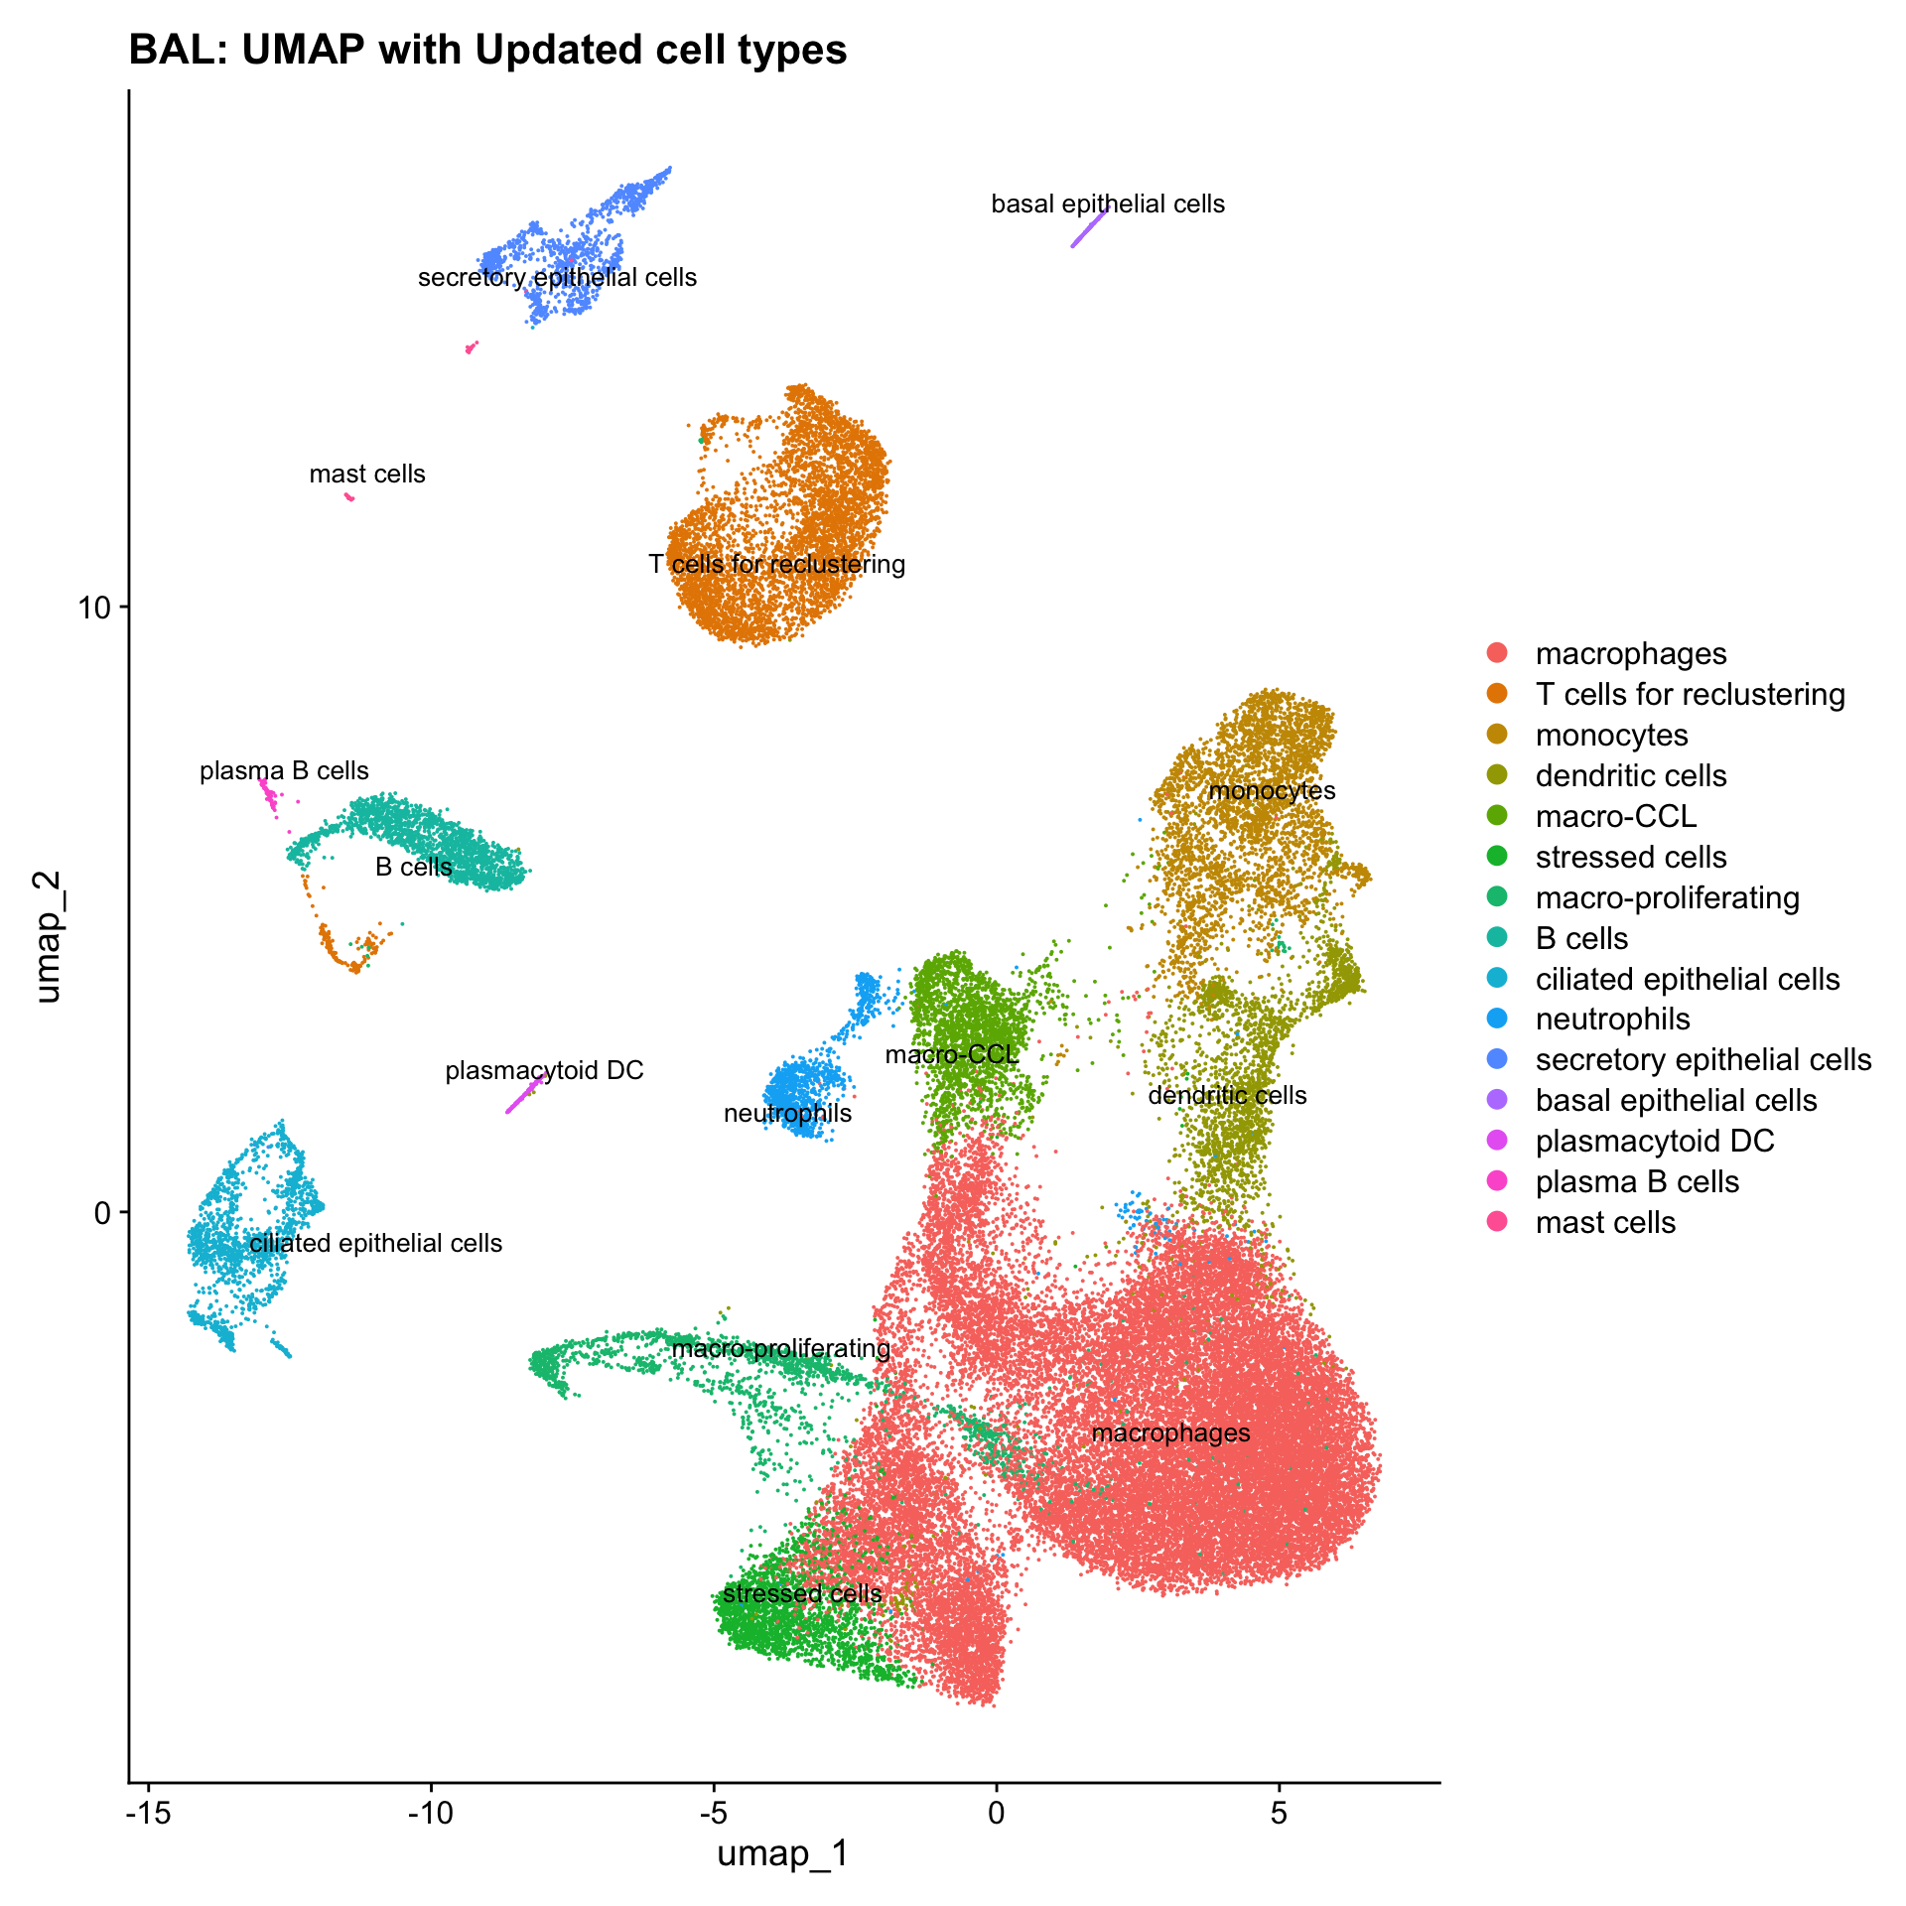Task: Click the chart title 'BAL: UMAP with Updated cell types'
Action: coord(487,50)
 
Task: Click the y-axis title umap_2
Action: coord(47,937)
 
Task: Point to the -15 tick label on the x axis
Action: coord(148,1812)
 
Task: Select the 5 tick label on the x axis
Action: coord(1279,1812)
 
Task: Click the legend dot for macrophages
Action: coord(1498,653)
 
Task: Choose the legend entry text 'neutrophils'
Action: coord(1612,1020)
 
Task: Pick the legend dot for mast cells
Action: coord(1498,1222)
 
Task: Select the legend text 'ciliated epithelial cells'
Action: coord(1687,979)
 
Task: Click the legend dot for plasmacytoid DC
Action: coord(1498,1141)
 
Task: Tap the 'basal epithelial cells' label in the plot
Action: coord(1108,204)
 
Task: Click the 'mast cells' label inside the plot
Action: coord(367,475)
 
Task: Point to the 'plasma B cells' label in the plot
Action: coord(284,771)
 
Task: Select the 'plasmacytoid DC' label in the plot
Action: coord(544,1071)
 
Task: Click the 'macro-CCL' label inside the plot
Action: coord(952,1054)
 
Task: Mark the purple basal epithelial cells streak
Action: coord(1088,229)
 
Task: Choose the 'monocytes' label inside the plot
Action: coord(1272,791)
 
